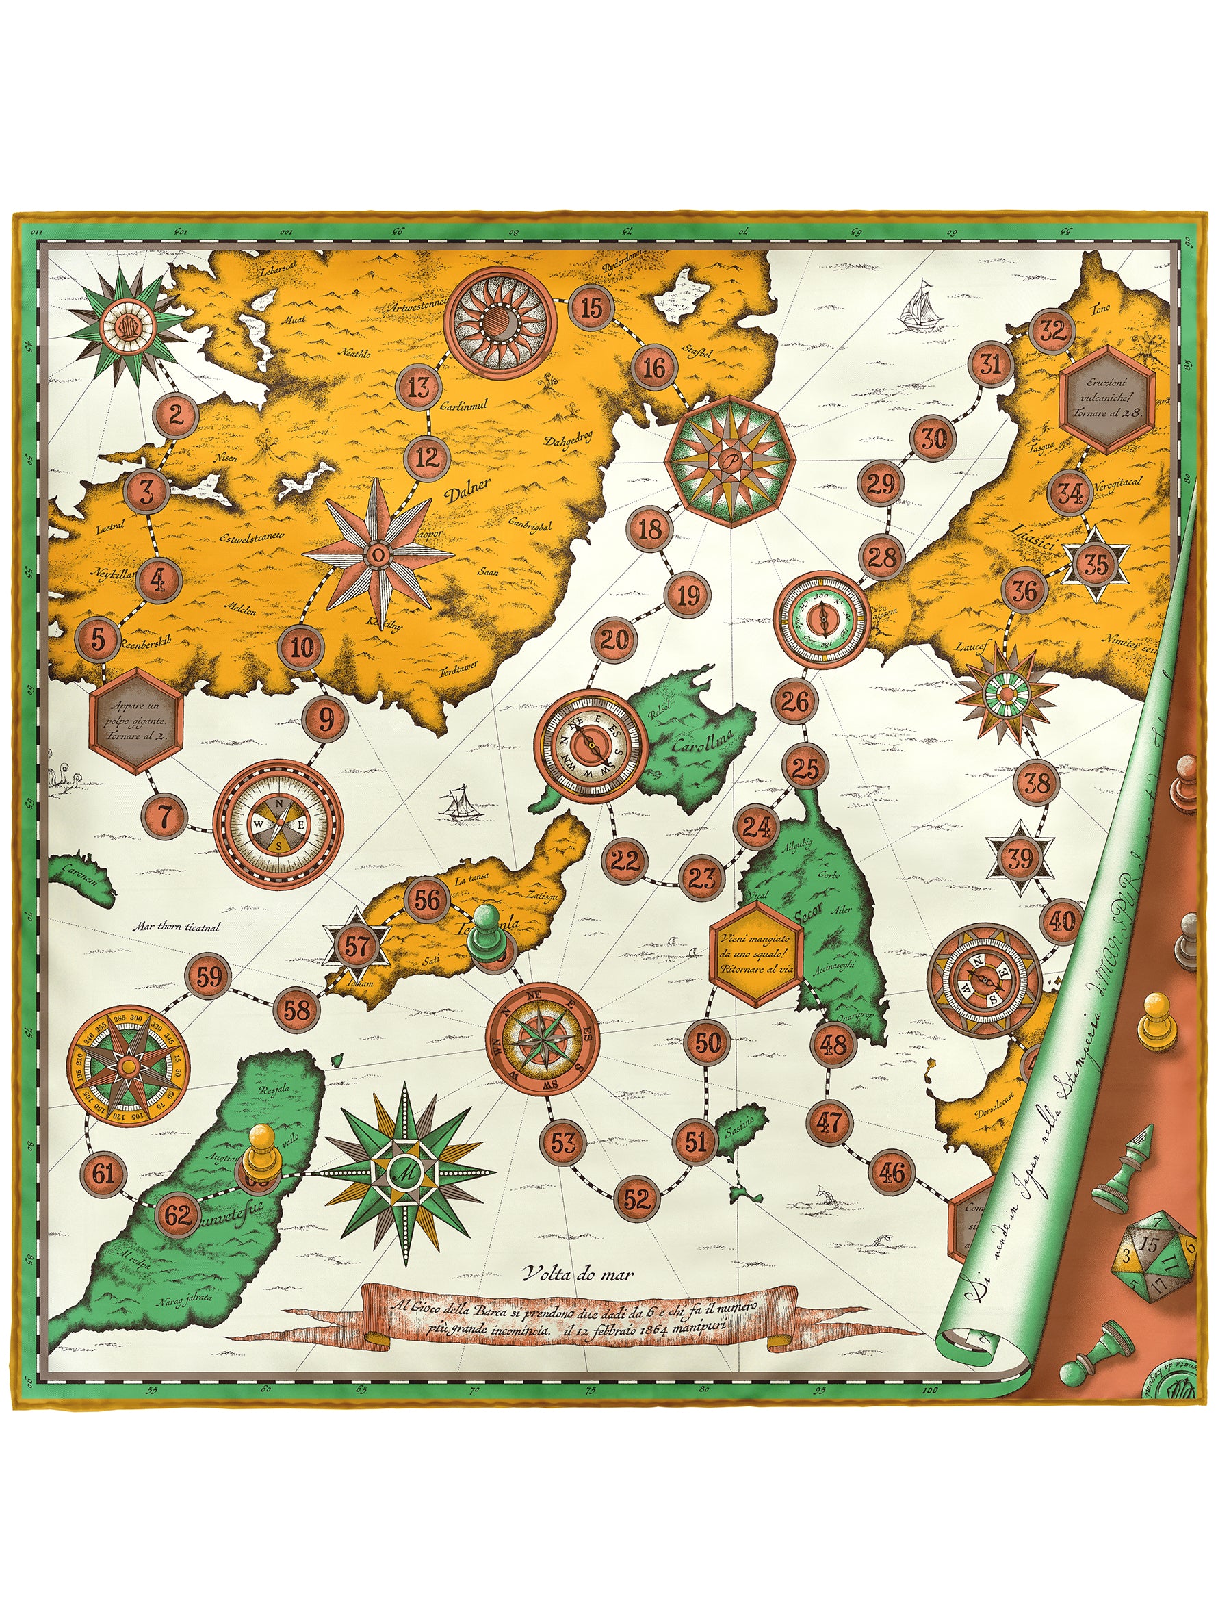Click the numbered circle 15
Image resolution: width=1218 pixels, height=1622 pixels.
[591, 307]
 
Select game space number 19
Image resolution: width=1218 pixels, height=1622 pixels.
[687, 595]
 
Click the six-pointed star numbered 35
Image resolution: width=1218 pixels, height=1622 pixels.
[1096, 564]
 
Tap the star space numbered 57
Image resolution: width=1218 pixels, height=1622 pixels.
[358, 947]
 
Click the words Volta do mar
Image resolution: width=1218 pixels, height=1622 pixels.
[580, 1274]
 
